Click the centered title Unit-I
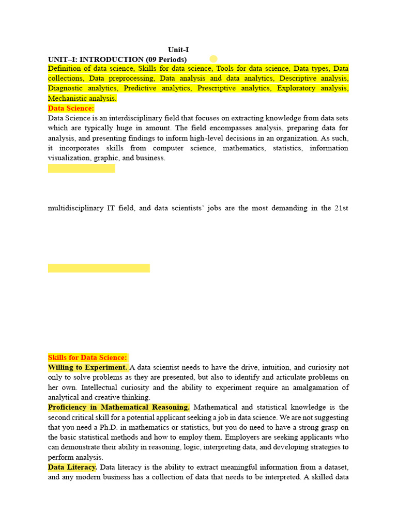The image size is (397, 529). [178, 50]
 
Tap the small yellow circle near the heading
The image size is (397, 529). [213, 59]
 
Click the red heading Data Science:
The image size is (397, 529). [71, 108]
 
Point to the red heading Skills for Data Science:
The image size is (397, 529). [87, 357]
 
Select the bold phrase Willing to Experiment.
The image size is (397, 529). [87, 367]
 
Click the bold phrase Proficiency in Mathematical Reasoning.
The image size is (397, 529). [119, 407]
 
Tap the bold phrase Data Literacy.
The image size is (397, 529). [72, 467]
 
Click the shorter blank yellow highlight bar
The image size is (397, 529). [82, 168]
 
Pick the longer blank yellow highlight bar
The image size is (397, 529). [99, 268]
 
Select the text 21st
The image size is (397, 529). [341, 208]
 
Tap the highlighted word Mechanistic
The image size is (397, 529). [68, 98]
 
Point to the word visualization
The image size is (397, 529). [69, 158]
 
